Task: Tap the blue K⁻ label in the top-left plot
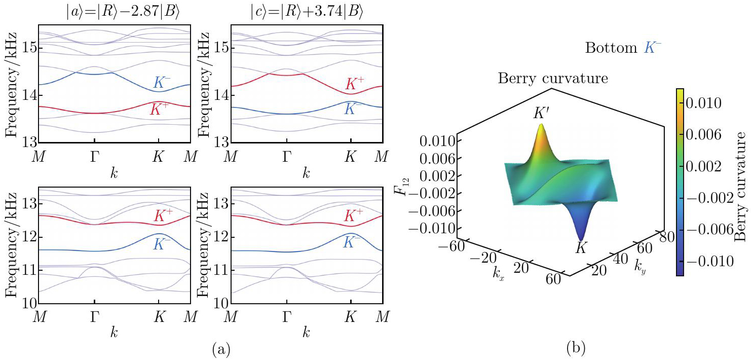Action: [x=164, y=83]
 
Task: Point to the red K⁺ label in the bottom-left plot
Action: [x=164, y=217]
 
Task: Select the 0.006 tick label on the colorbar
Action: [x=706, y=135]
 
